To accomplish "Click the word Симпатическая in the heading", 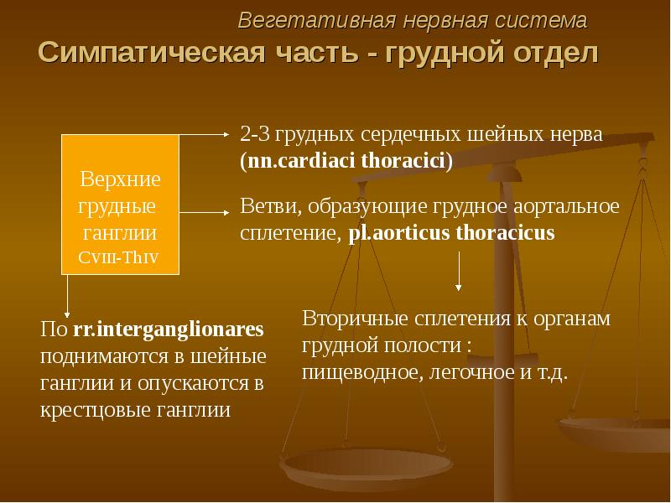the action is [x=152, y=53].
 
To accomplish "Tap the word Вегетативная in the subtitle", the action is [x=316, y=20].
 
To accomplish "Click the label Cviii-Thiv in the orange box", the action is [x=118, y=257].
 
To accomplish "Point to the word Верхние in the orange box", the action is [x=120, y=179].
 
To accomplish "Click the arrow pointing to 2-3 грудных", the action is [x=205, y=134].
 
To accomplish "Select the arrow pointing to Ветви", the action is [x=205, y=212].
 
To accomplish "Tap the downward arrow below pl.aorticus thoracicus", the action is [x=459, y=271].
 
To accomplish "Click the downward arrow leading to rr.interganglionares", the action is [x=67, y=296].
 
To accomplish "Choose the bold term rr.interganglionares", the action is [x=169, y=329].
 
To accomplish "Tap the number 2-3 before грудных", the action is [x=255, y=135].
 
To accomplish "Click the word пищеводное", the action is [x=362, y=373].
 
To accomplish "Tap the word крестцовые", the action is [x=96, y=411].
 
